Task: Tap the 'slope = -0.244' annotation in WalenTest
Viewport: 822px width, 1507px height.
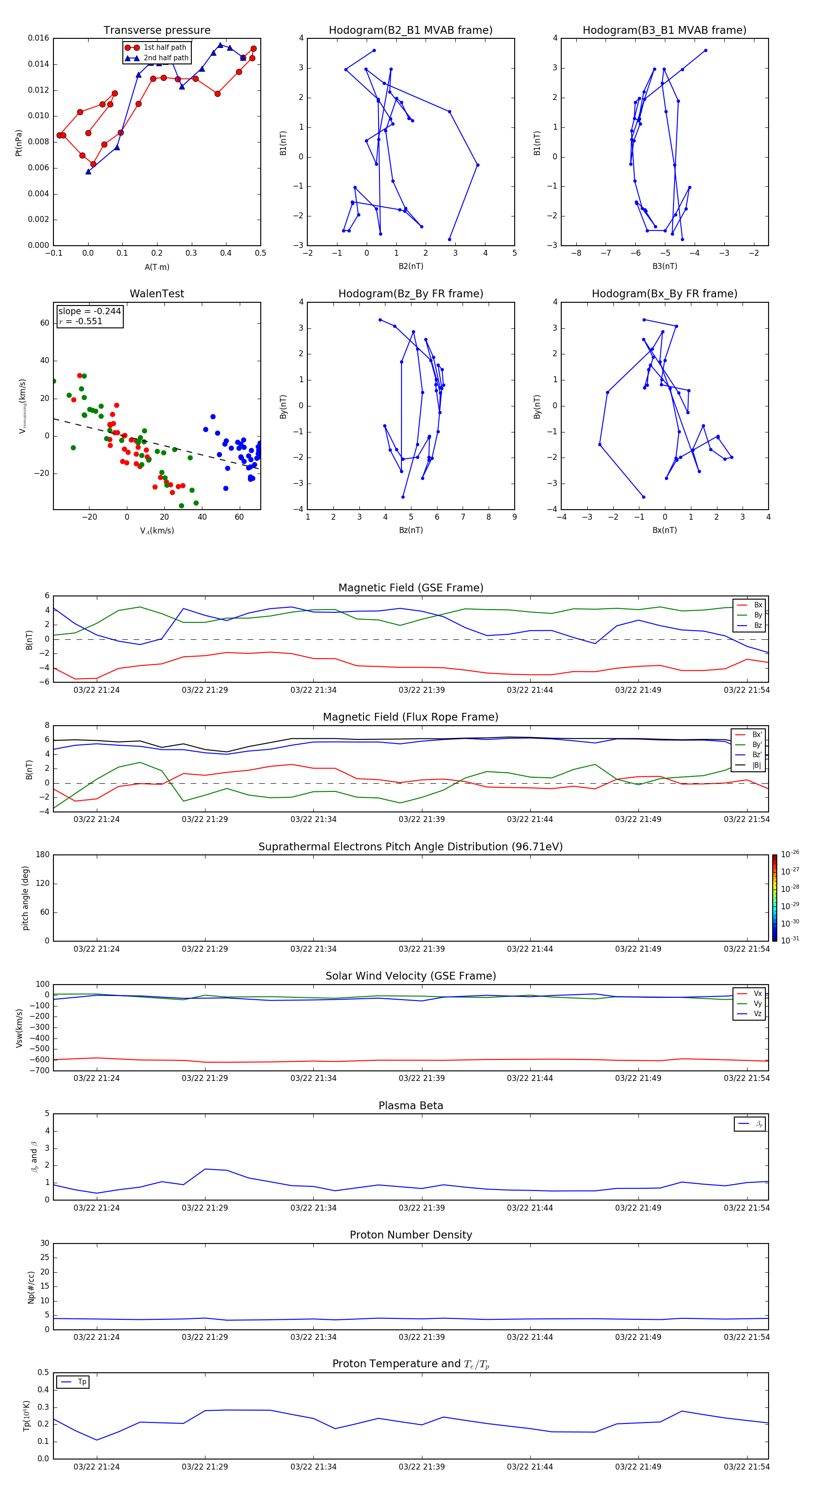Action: [x=90, y=311]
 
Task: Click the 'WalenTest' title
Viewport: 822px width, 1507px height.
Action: [x=157, y=294]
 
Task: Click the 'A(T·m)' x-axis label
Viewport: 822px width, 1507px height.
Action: [x=157, y=267]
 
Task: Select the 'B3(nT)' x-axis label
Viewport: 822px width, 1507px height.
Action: [x=664, y=266]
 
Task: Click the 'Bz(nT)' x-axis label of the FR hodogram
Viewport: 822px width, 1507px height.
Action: [x=411, y=530]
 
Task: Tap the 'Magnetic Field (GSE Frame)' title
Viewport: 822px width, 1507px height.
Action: [x=411, y=588]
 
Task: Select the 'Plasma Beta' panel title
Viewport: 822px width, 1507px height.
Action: [x=411, y=1106]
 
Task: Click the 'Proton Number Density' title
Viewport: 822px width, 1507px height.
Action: [x=411, y=1235]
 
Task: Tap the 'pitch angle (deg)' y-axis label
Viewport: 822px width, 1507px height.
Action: [x=25, y=898]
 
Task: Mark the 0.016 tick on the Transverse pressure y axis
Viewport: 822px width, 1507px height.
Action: [x=39, y=38]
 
